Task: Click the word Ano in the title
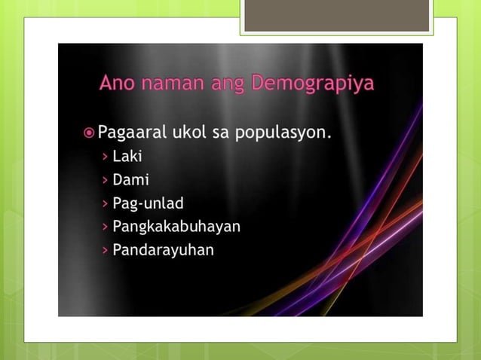coord(117,83)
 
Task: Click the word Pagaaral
coord(134,135)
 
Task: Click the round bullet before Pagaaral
coord(90,134)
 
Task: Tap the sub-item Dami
coord(130,181)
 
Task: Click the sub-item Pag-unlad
coord(148,204)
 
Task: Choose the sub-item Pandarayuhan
coord(163,250)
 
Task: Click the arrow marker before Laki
coord(104,157)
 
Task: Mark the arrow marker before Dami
coord(104,181)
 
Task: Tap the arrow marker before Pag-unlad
coord(104,204)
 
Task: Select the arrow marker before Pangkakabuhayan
coord(104,227)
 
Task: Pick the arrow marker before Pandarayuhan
coord(104,250)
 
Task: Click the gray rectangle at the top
coord(337,16)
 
